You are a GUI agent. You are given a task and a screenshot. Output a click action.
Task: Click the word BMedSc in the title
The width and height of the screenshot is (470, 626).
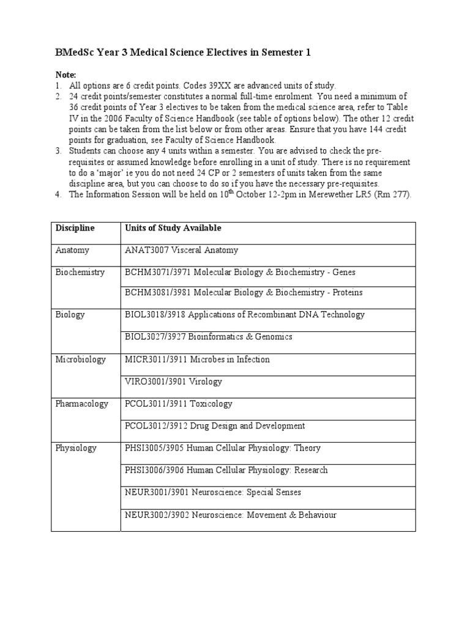pos(75,53)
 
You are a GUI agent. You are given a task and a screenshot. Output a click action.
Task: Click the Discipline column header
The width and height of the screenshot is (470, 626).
pos(75,228)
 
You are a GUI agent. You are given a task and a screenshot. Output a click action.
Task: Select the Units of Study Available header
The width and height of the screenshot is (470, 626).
pos(173,228)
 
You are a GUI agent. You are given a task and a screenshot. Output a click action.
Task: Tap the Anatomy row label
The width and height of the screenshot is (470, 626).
pos(72,250)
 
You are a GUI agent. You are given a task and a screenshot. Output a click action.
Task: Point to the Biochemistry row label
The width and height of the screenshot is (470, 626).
pos(80,272)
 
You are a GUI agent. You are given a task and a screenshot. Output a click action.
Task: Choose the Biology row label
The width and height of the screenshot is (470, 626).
pos(70,315)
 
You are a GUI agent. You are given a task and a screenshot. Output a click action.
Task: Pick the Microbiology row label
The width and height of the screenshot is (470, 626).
pos(81,359)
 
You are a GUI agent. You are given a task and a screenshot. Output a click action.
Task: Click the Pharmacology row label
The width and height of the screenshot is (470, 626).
pos(82,403)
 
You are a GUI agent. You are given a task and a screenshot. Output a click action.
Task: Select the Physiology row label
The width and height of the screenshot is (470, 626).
pos(76,448)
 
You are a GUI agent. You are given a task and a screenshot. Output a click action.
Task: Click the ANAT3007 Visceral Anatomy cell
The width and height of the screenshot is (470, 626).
pos(182,250)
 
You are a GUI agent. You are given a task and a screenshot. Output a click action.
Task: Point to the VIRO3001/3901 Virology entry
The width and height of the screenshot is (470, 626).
pos(173,381)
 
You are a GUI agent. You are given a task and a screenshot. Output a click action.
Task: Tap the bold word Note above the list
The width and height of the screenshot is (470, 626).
pos(65,74)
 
